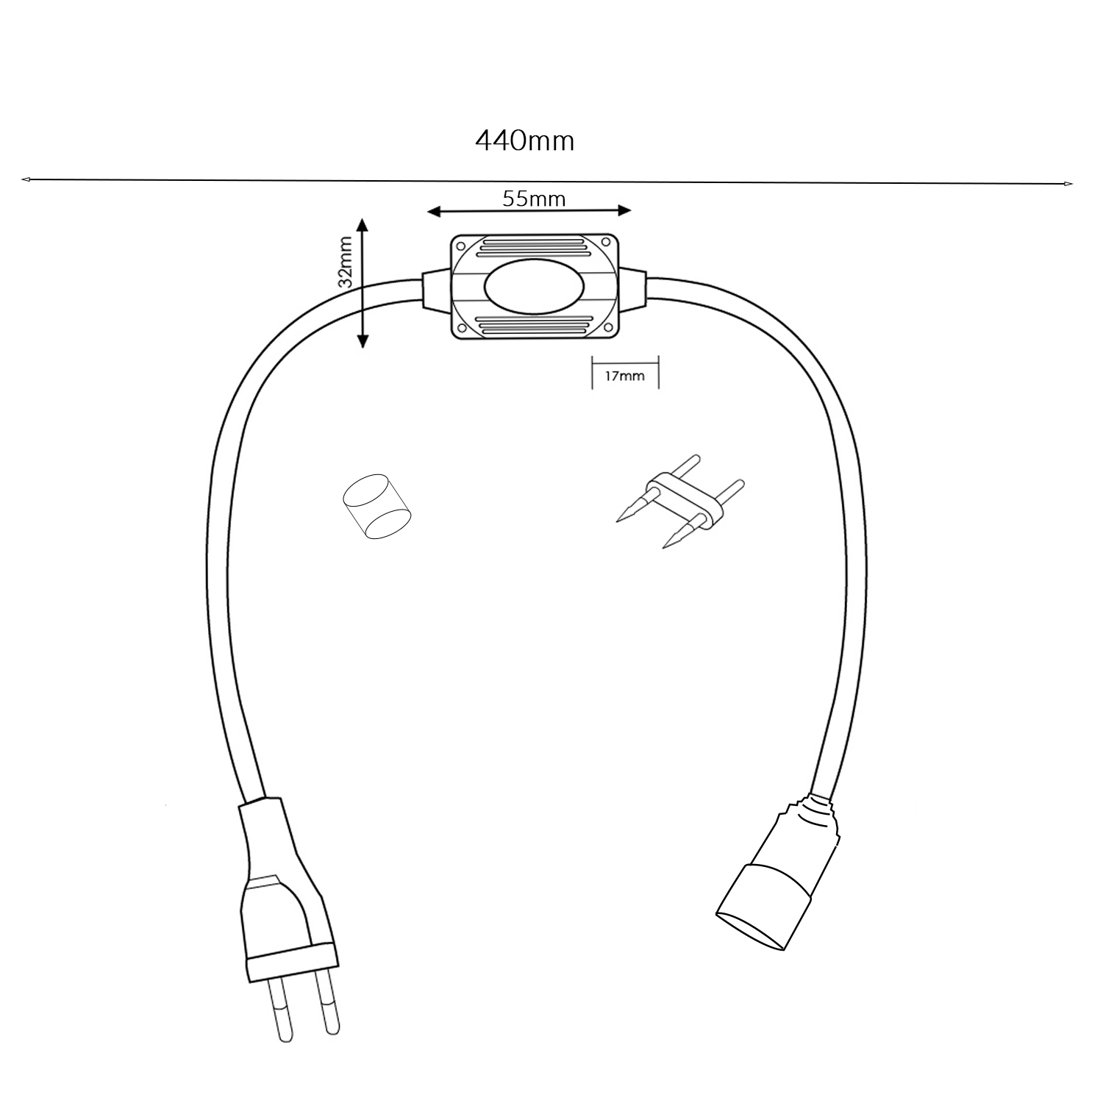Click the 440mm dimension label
pyautogui.click(x=524, y=140)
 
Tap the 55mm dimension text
pyautogui.click(x=534, y=199)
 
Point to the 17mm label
pyautogui.click(x=624, y=376)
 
